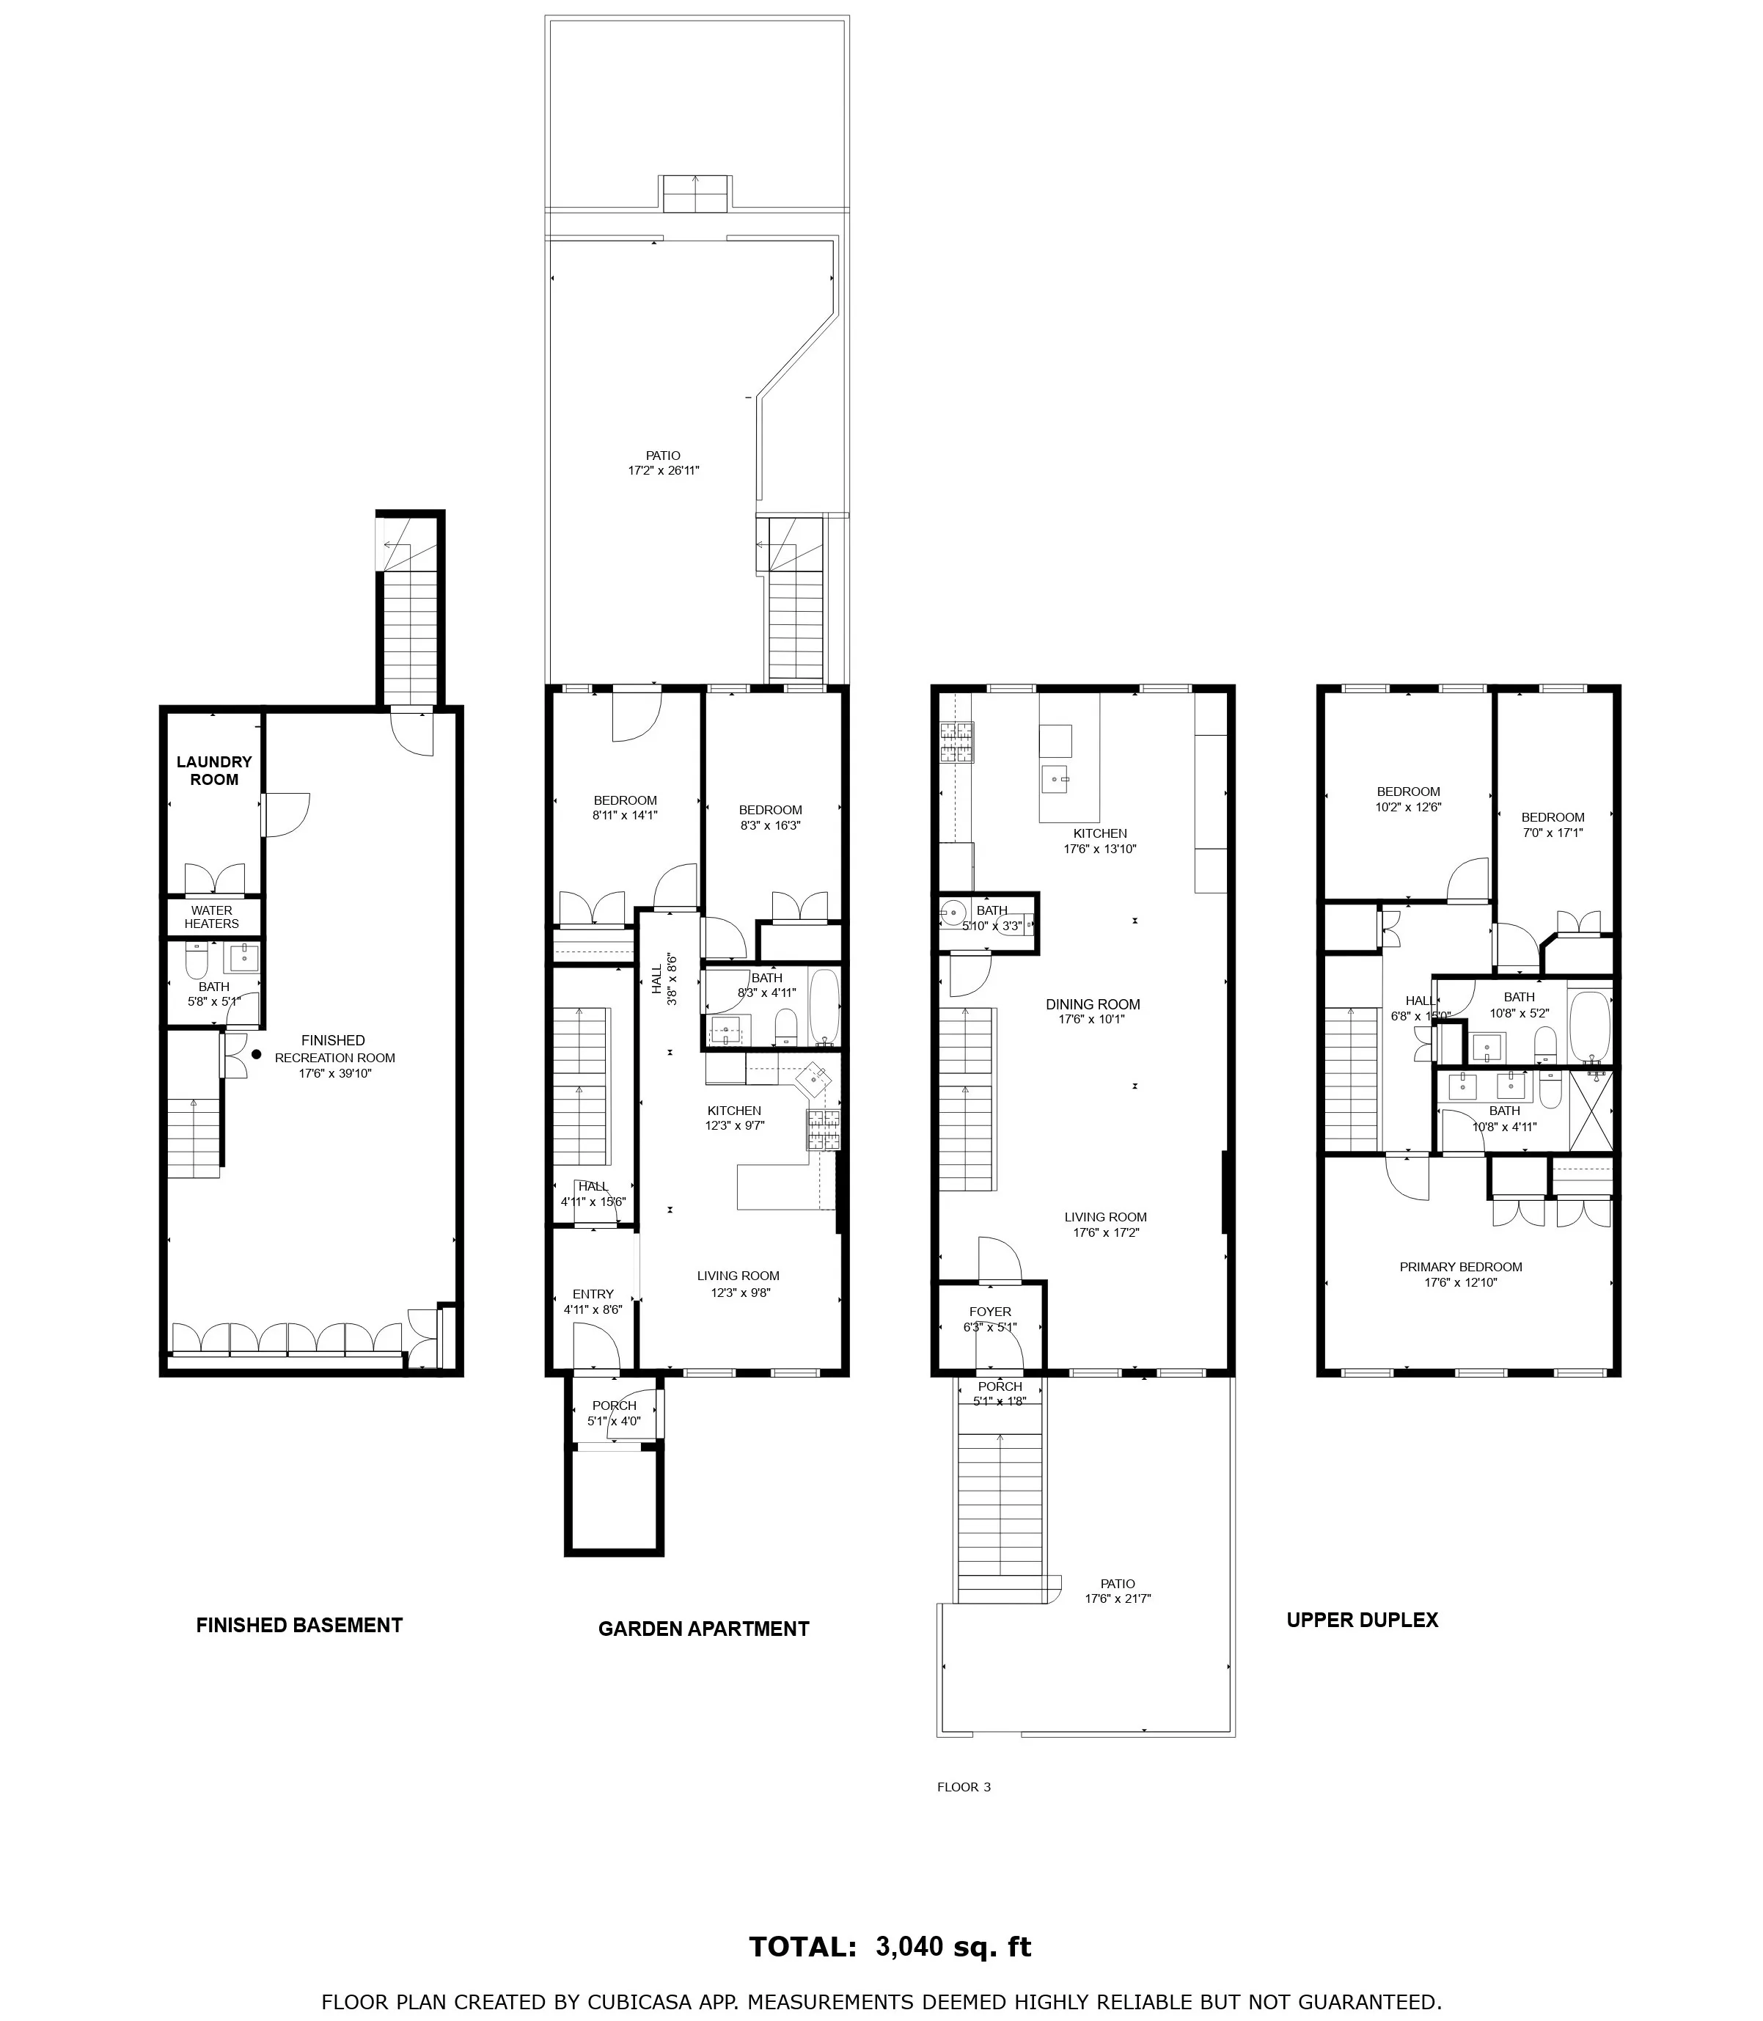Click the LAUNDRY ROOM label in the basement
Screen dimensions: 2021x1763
tap(213, 770)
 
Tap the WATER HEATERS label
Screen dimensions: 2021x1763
tap(211, 917)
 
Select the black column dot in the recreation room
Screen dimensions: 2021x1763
tap(257, 1054)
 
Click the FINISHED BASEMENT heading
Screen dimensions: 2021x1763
tap(299, 1626)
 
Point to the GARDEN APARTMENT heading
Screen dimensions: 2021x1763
tap(703, 1629)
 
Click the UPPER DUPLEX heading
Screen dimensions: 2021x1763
tap(1362, 1620)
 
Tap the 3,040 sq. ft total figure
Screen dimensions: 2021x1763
tap(953, 1947)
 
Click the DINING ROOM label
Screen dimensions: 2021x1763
tap(1092, 1004)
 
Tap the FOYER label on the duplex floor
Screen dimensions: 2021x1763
tap(990, 1311)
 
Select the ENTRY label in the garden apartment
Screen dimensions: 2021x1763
tap(593, 1294)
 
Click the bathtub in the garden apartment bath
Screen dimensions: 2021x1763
tap(824, 1006)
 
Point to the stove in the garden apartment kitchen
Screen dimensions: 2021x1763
tap(824, 1130)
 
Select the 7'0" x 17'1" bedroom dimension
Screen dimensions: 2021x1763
tap(1553, 833)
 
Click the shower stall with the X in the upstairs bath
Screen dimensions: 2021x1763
tap(1590, 1111)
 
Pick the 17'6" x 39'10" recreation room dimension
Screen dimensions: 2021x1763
tap(334, 1073)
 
